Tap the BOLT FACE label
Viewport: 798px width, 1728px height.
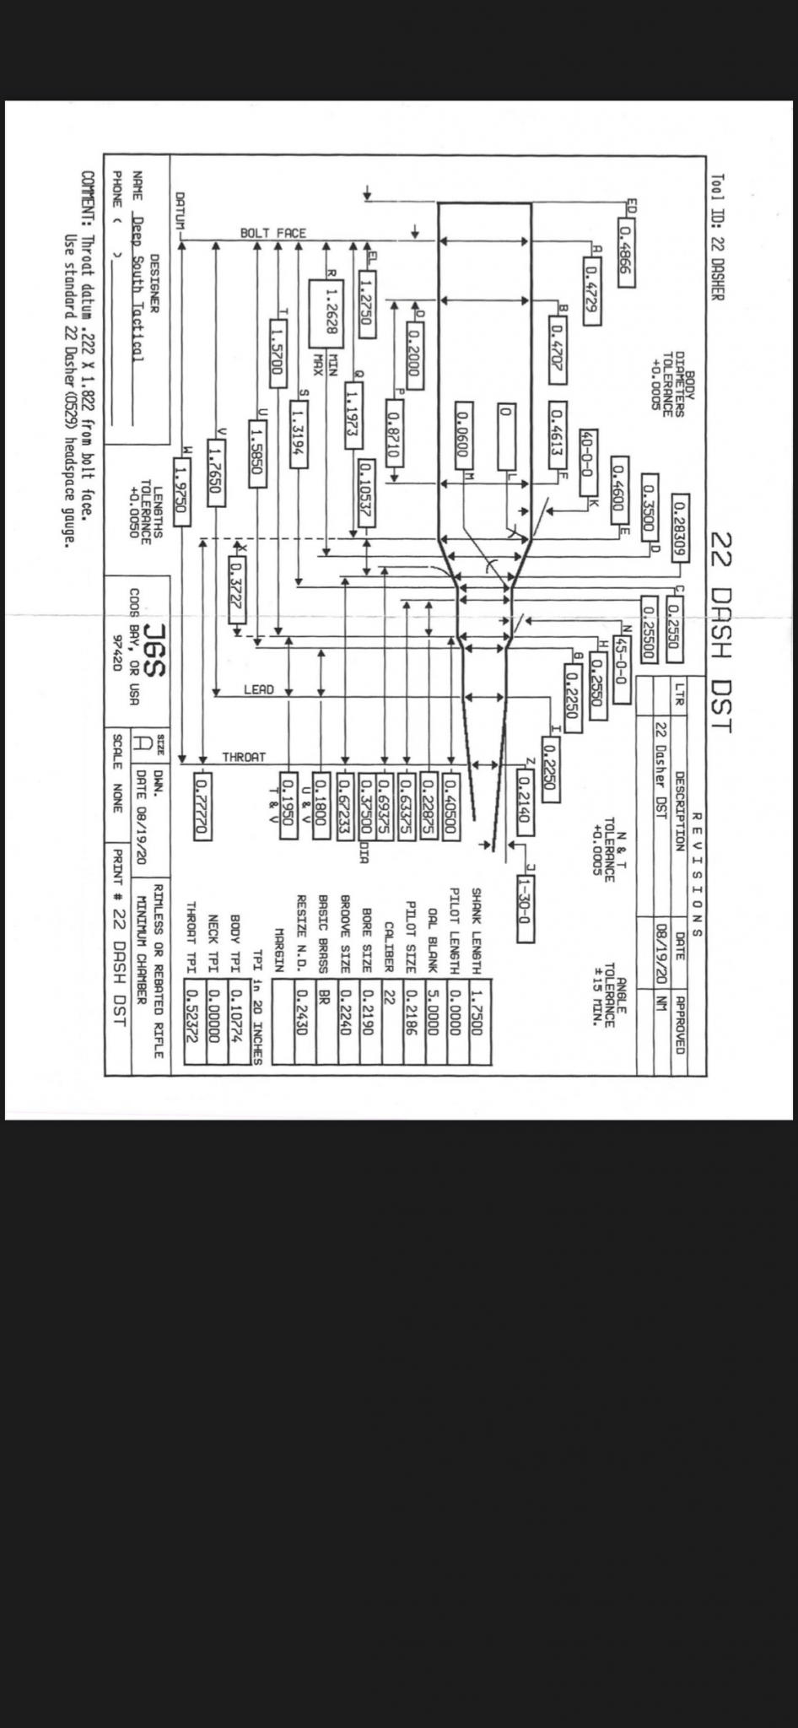(272, 233)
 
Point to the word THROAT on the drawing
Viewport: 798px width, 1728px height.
(244, 758)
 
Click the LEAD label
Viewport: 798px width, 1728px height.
(258, 689)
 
